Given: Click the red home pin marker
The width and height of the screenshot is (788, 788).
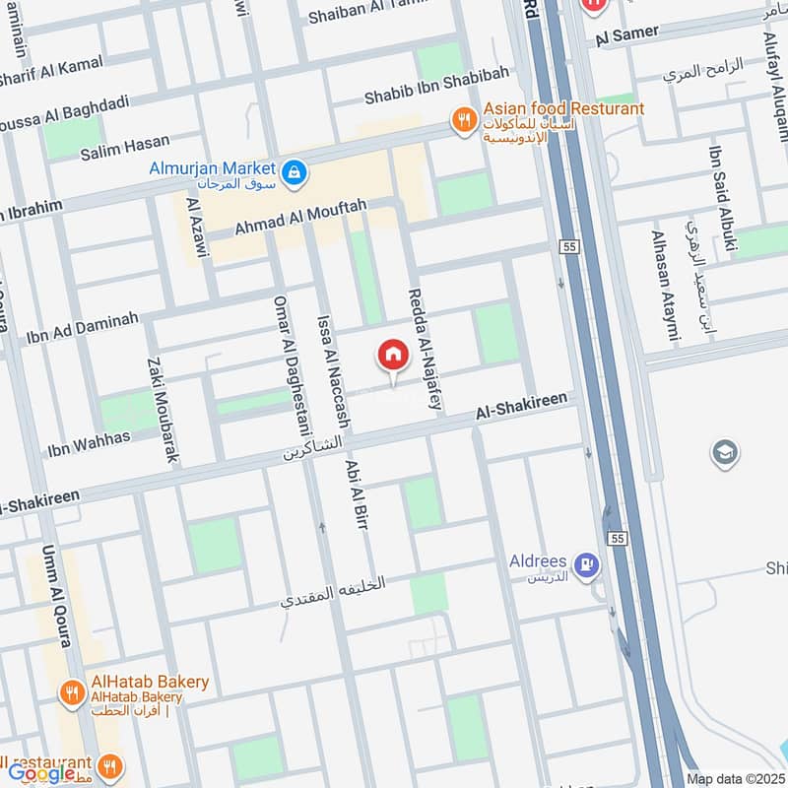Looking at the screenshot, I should click(x=392, y=357).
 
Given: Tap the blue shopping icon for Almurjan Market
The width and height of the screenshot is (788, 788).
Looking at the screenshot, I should click(x=293, y=174).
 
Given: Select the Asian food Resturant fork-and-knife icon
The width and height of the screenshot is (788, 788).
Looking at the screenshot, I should click(x=464, y=120).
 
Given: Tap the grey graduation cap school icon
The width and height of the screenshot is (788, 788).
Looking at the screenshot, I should click(x=724, y=452).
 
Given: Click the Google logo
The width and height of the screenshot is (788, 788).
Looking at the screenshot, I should click(x=41, y=773).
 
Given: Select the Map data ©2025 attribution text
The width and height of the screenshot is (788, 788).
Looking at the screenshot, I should click(x=734, y=778).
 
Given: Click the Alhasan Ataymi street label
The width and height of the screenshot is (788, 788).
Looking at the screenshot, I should click(x=664, y=288).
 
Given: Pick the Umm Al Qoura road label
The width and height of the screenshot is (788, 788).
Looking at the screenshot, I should click(x=56, y=594).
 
